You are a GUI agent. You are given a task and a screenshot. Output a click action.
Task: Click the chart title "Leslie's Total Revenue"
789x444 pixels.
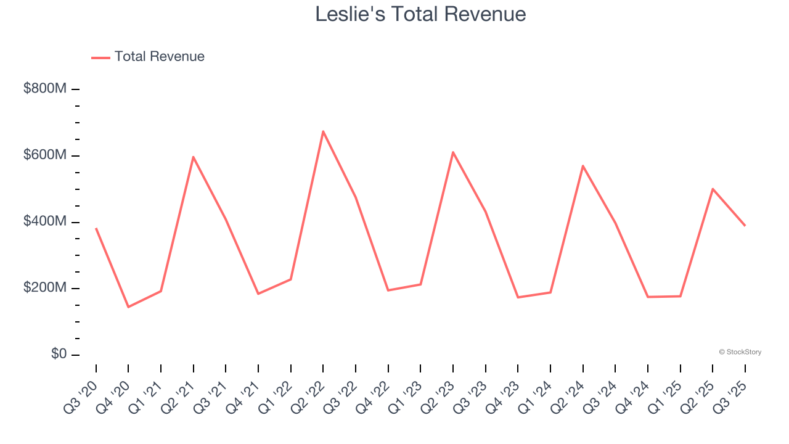point(420,14)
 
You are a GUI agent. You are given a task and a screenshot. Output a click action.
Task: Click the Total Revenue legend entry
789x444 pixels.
point(148,57)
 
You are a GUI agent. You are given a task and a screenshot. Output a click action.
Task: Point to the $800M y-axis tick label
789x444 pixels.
point(45,89)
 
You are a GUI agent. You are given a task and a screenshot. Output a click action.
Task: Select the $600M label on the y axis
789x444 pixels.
point(45,155)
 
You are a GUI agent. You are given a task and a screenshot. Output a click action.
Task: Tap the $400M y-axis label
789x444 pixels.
point(45,221)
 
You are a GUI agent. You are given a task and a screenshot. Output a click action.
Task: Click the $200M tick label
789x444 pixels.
point(45,288)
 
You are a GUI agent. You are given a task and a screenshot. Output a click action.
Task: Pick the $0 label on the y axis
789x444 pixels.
point(59,355)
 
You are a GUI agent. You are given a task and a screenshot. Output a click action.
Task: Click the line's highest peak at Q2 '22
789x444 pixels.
point(323,131)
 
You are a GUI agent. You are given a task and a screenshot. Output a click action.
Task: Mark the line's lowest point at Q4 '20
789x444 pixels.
point(128,306)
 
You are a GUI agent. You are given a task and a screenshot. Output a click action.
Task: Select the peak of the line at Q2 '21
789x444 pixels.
point(194,157)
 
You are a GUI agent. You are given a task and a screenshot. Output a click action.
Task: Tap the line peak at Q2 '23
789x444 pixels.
point(453,152)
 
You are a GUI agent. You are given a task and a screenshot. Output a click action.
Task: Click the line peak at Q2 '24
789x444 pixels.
point(583,166)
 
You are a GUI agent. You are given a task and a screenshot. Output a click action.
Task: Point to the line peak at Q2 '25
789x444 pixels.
point(713,189)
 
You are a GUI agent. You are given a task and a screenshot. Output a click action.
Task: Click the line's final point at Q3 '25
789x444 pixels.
point(745,226)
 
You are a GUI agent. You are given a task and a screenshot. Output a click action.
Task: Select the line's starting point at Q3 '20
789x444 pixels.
point(96,229)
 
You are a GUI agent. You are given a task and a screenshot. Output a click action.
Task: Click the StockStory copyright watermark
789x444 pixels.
point(740,352)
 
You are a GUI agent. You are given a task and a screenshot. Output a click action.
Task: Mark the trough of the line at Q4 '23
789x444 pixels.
point(518,297)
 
